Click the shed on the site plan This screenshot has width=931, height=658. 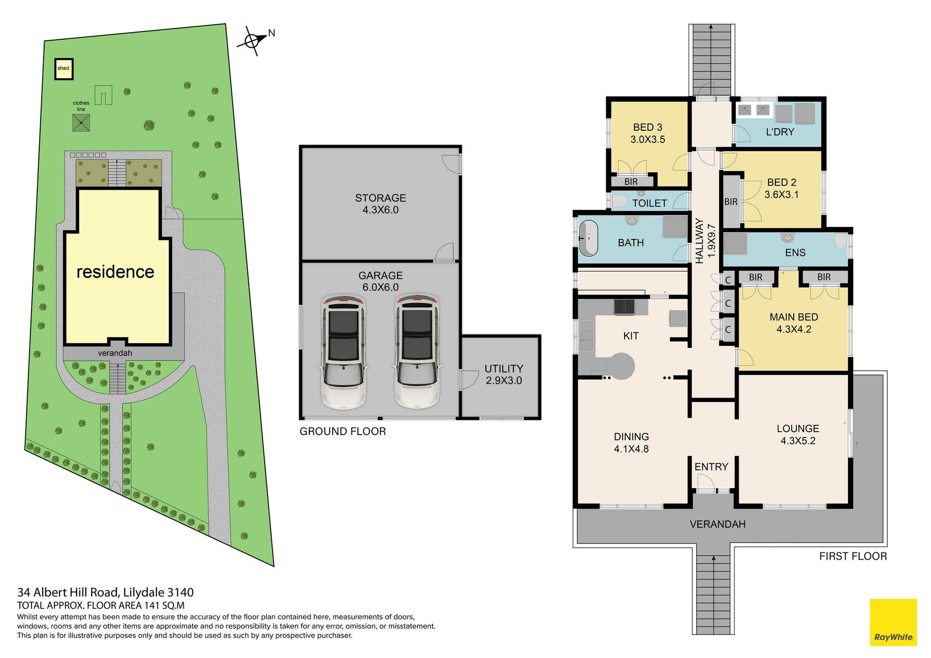[64, 69]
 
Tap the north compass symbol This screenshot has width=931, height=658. [253, 41]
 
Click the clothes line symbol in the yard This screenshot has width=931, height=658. [81, 123]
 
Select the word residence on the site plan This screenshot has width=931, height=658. [115, 272]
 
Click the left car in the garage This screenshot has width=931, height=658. [344, 351]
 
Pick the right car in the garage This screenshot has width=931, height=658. [417, 351]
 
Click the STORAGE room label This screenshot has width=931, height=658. [381, 198]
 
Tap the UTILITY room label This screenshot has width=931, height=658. [504, 369]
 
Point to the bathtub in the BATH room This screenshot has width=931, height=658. [589, 238]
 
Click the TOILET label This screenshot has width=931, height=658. [649, 204]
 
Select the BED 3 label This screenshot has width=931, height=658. [647, 127]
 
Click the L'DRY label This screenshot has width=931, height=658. [780, 132]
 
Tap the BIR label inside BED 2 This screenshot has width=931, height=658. [731, 202]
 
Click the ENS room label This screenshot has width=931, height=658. [795, 252]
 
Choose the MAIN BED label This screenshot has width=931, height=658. [794, 317]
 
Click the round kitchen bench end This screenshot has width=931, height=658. [622, 366]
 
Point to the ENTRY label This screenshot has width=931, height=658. [711, 467]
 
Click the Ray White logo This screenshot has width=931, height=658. [893, 623]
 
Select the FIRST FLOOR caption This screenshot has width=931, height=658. [853, 556]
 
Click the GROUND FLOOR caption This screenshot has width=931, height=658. [343, 431]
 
